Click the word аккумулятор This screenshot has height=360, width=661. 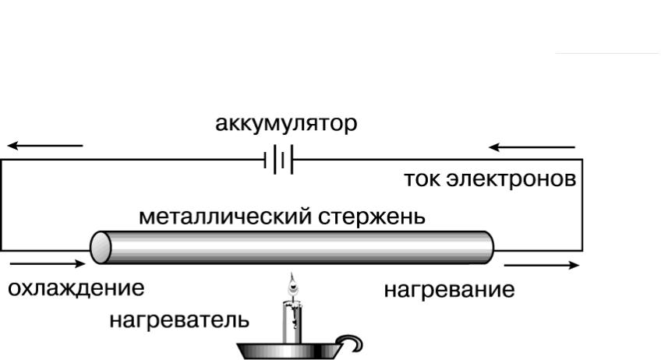[286, 125]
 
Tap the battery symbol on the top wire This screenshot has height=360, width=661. [278, 160]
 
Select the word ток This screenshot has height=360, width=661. [422, 179]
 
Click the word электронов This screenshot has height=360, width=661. [511, 179]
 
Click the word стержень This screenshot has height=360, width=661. [371, 217]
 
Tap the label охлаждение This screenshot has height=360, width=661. [76, 289]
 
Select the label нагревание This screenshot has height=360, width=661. [449, 291]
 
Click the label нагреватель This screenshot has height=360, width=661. [179, 320]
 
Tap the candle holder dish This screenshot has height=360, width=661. [290, 351]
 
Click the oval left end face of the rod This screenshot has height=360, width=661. [101, 248]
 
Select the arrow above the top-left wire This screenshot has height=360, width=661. [45, 146]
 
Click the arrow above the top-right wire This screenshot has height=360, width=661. [532, 147]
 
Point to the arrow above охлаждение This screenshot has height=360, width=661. [48, 264]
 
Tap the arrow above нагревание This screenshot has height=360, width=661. [542, 265]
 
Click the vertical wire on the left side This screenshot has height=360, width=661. [2, 205]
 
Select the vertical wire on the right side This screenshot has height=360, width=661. [582, 205]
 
